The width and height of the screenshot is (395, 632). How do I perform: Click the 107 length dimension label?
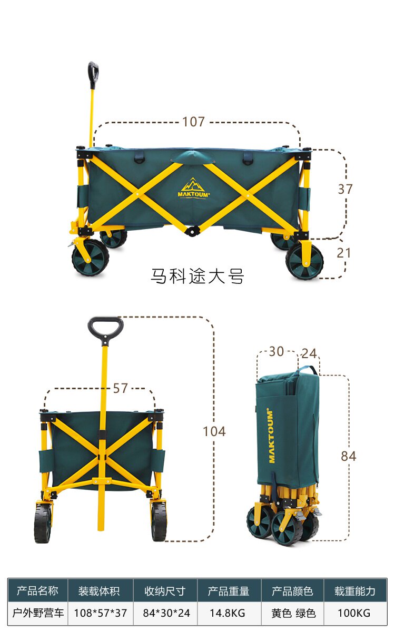click(x=194, y=122)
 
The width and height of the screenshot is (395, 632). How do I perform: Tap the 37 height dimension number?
click(x=345, y=189)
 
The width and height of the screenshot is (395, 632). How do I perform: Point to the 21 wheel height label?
click(x=343, y=253)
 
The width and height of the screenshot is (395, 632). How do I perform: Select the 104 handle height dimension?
click(x=214, y=431)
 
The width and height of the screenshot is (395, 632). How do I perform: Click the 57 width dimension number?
click(x=121, y=388)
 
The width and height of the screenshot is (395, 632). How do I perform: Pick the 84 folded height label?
click(x=349, y=456)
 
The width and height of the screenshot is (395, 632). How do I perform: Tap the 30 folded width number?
click(x=276, y=351)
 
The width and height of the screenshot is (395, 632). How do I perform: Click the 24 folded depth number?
click(x=309, y=353)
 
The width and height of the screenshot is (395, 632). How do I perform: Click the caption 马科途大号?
click(x=197, y=275)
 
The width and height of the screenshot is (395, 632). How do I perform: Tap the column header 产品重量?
click(x=229, y=591)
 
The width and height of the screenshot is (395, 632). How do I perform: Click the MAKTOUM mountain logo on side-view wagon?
click(x=194, y=188)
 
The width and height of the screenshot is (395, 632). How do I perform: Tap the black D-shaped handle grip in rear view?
click(x=105, y=329)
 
